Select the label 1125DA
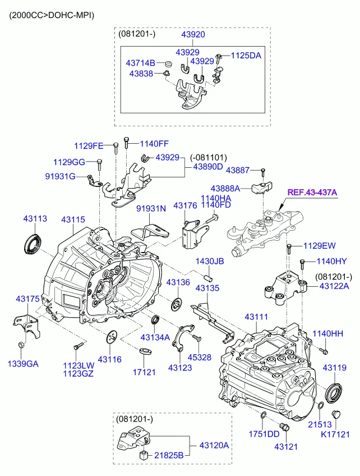[247, 56]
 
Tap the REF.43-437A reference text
[312, 193]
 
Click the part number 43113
[35, 218]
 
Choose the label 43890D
[208, 167]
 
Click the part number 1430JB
[209, 262]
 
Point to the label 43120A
[214, 445]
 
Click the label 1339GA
[23, 364]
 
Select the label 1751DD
[264, 433]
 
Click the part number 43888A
[225, 188]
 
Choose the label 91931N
[151, 209]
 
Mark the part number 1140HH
[327, 335]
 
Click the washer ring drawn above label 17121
[145, 352]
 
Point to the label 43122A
[334, 286]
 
